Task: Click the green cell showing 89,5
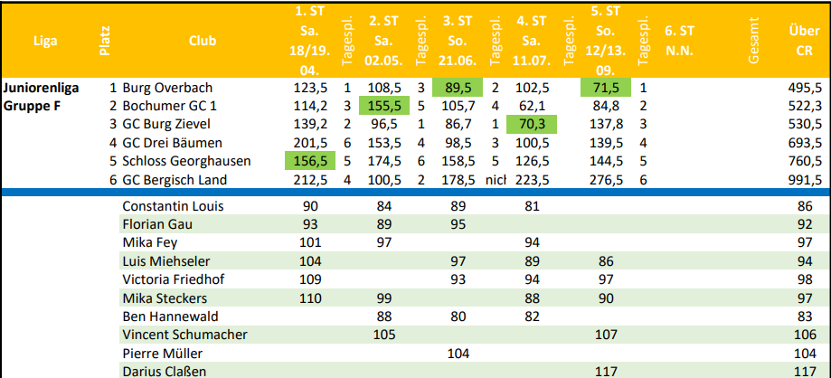(x=458, y=88)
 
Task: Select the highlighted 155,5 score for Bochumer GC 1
(x=384, y=106)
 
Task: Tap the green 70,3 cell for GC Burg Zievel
(x=532, y=125)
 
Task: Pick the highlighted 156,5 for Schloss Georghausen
(x=310, y=161)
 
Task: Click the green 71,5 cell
(x=605, y=88)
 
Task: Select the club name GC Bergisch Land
(x=175, y=180)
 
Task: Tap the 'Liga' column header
(x=45, y=41)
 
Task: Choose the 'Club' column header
(x=203, y=41)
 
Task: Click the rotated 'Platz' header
(x=105, y=41)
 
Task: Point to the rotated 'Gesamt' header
(x=753, y=41)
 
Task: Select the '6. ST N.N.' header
(x=679, y=42)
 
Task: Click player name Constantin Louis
(x=173, y=206)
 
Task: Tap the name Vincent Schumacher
(x=184, y=335)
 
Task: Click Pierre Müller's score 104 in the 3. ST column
(x=458, y=353)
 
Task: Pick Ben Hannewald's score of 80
(x=458, y=317)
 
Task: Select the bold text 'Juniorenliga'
(x=42, y=88)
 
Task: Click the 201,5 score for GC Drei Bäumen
(x=310, y=143)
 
